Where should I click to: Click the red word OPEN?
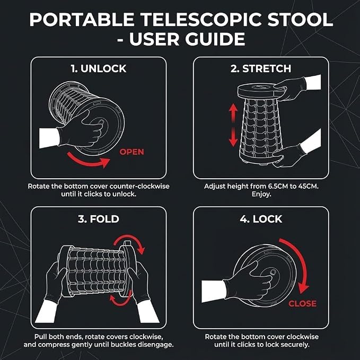[131, 152]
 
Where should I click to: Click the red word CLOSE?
[302, 303]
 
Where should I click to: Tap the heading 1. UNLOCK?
[99, 68]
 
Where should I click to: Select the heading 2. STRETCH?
[261, 68]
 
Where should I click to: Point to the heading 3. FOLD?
[99, 219]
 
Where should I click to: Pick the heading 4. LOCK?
[261, 219]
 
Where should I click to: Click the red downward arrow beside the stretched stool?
[233, 137]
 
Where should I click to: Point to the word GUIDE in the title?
[215, 39]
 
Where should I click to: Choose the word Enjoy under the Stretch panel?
[261, 194]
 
